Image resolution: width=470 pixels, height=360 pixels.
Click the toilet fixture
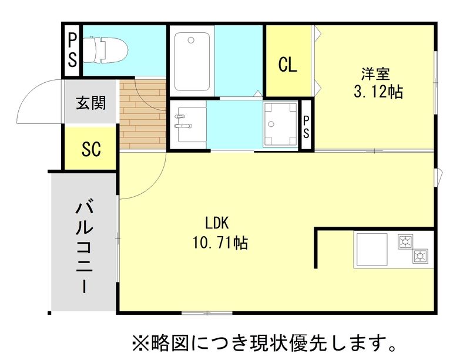tap(105, 49)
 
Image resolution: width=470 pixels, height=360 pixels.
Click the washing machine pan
tap(281, 125)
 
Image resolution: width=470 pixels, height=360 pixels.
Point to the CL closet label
tap(288, 65)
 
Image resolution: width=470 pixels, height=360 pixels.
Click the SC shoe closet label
tap(91, 149)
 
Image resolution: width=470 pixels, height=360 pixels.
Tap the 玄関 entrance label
tap(91, 103)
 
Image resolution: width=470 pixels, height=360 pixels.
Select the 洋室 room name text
tap(375, 74)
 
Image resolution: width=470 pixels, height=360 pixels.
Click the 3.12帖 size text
tap(378, 92)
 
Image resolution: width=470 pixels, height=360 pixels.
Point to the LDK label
tap(217, 223)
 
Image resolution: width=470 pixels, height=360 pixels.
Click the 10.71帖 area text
tap(220, 243)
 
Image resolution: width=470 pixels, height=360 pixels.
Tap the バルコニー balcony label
tap(84, 248)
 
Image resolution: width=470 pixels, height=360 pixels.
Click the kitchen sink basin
tap(371, 250)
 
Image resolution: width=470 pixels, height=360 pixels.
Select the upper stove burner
tap(405, 241)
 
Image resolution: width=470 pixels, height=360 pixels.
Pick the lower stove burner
tap(419, 255)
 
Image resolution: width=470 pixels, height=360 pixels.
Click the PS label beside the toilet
tap(72, 50)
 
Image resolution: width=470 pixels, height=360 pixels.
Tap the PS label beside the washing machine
tap(306, 127)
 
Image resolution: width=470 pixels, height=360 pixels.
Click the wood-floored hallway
tap(143, 115)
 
